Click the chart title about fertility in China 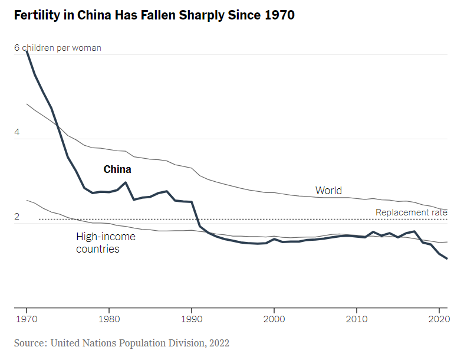point(154,15)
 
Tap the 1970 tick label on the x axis point(27,319)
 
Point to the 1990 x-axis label point(192,319)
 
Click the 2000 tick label point(274,319)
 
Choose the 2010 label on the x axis point(357,319)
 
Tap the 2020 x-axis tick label point(439,319)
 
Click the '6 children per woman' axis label point(58,48)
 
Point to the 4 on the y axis point(17,133)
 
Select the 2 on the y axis point(17,217)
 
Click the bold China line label point(117,169)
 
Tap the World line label point(328,191)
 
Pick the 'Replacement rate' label point(411,212)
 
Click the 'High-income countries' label point(106,243)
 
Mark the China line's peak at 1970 point(27,52)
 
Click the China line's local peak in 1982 point(126,182)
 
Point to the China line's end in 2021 point(447,258)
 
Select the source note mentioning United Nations point(121,343)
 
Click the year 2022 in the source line point(218,343)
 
